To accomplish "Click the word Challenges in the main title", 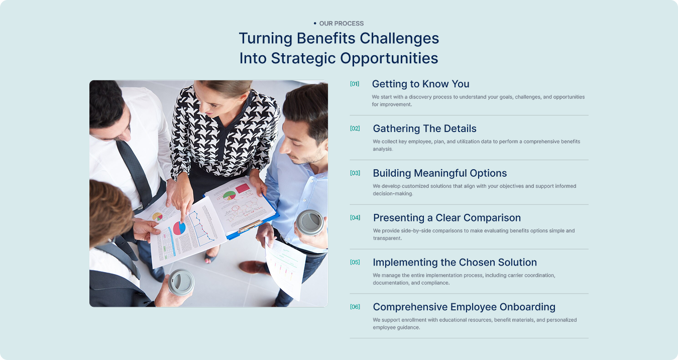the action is pyautogui.click(x=399, y=39).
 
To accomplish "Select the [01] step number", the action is pyautogui.click(x=355, y=84).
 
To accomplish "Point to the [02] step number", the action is pyautogui.click(x=355, y=128).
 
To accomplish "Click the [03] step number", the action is pyautogui.click(x=355, y=173).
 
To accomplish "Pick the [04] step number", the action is pyautogui.click(x=355, y=217).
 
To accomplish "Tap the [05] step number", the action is pyautogui.click(x=355, y=262).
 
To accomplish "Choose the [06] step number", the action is pyautogui.click(x=355, y=307).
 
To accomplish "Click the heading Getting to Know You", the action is pyautogui.click(x=420, y=84).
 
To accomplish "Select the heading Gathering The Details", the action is pyautogui.click(x=424, y=129).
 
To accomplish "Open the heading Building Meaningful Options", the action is pyautogui.click(x=439, y=173).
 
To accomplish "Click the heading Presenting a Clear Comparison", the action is pyautogui.click(x=447, y=218).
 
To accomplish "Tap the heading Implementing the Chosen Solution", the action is pyautogui.click(x=455, y=262).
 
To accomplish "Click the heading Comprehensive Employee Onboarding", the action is pyautogui.click(x=464, y=307).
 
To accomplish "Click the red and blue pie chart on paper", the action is pyautogui.click(x=179, y=228).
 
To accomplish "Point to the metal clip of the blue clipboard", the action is pyautogui.click(x=250, y=226).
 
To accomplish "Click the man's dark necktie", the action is pyautogui.click(x=135, y=172).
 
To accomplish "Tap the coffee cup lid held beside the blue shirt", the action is pyautogui.click(x=310, y=222).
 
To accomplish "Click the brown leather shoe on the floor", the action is pyautogui.click(x=254, y=268).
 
